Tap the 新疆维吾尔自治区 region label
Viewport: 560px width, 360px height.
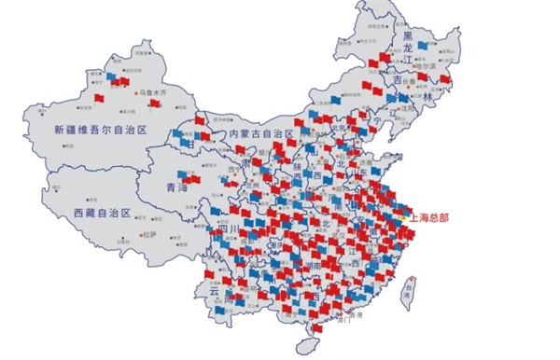click(101, 131)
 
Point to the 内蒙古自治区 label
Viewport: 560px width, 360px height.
click(262, 135)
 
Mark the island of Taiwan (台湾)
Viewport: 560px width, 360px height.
click(408, 294)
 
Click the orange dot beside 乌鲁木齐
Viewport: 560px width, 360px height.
click(136, 93)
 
